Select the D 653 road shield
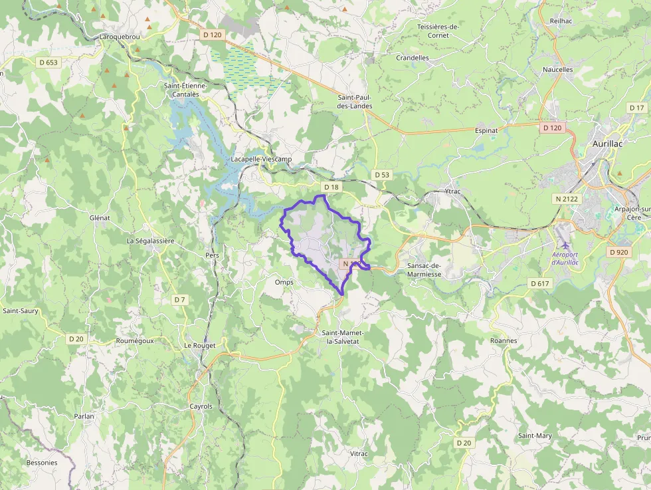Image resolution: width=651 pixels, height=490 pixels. [x=48, y=62]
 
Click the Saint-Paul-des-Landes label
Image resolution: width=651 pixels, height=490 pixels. [x=355, y=101]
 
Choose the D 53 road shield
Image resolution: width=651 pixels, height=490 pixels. [x=381, y=175]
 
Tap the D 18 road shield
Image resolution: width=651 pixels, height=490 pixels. [x=331, y=187]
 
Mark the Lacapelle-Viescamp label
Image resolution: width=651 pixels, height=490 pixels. [x=262, y=159]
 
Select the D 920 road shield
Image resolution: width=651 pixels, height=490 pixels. [x=618, y=252]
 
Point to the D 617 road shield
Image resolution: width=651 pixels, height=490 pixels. [x=540, y=283]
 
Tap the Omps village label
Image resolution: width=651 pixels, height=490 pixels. [x=284, y=282]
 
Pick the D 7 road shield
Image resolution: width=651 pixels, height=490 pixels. [x=179, y=299]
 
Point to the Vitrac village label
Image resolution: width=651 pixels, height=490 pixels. [x=359, y=453]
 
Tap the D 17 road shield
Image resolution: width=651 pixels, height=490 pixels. [x=636, y=108]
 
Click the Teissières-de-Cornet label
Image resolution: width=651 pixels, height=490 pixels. [x=438, y=31]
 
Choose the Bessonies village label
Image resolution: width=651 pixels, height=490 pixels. [x=42, y=462]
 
